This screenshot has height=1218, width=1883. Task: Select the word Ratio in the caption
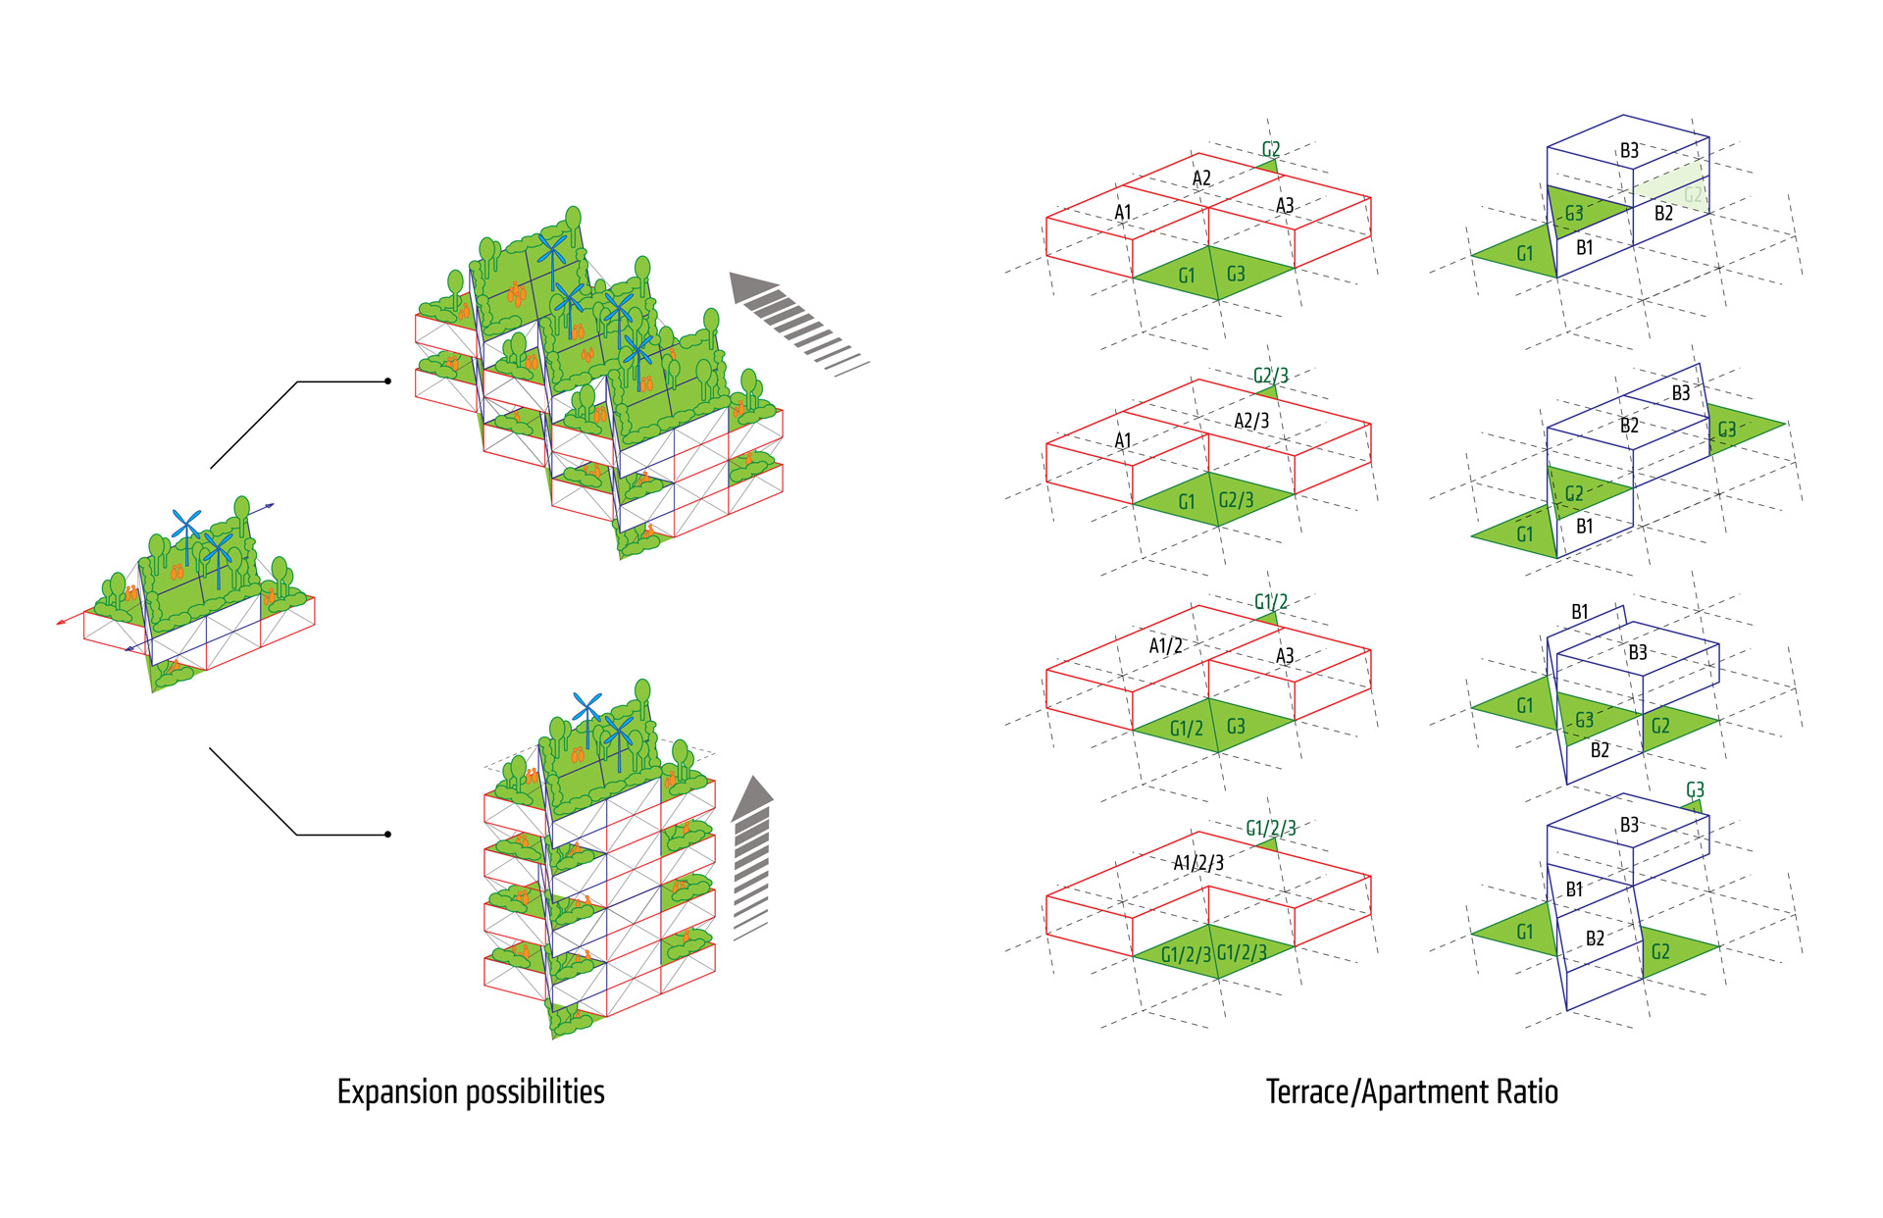(1527, 1092)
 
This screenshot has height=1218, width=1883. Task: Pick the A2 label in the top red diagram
(1201, 178)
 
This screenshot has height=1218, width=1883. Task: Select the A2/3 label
(1250, 421)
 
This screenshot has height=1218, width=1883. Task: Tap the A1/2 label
(1165, 645)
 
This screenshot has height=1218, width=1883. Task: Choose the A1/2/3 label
(1197, 863)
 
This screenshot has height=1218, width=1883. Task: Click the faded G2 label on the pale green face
(1693, 194)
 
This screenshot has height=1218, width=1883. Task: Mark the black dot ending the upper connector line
(388, 381)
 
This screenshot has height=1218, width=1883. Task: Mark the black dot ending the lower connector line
(388, 835)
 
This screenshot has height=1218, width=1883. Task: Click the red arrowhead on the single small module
(62, 621)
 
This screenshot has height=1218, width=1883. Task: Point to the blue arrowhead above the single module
(270, 506)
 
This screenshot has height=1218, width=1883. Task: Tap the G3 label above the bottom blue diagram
(1695, 790)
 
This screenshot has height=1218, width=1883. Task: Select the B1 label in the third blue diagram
(1579, 612)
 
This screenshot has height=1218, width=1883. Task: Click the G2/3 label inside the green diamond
(1236, 500)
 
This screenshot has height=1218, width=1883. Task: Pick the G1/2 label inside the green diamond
(1186, 729)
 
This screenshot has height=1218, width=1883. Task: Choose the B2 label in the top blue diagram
(1663, 213)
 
